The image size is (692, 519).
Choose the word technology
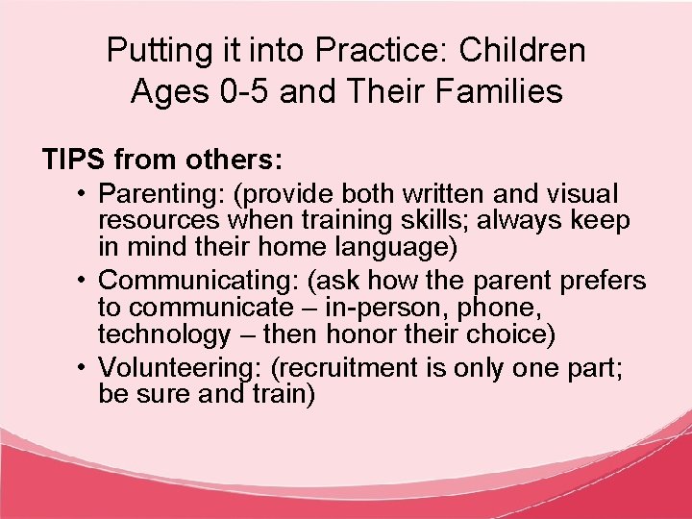pyautogui.click(x=163, y=334)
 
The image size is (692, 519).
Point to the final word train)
pyautogui.click(x=282, y=395)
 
